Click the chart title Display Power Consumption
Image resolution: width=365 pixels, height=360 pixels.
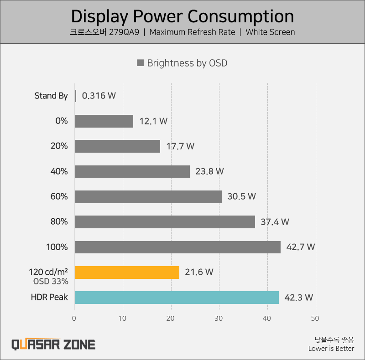click(182, 16)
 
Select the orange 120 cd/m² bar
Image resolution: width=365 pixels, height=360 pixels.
click(127, 272)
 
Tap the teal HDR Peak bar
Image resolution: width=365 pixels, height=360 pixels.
click(177, 298)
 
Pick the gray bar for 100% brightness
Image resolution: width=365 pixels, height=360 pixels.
click(177, 247)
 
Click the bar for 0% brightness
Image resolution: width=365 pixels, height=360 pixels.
click(104, 121)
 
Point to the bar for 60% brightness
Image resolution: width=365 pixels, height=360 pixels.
click(148, 197)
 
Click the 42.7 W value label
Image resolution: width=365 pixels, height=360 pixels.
click(300, 247)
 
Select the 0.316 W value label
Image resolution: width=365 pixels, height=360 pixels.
click(99, 96)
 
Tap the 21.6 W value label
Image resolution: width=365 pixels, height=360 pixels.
click(199, 272)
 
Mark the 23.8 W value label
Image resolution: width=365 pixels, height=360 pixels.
click(209, 171)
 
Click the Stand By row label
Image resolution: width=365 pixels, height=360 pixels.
click(51, 96)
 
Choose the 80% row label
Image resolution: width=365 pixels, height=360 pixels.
click(59, 222)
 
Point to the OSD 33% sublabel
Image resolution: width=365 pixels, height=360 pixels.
click(51, 282)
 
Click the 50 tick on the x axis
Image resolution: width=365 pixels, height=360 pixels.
click(315, 318)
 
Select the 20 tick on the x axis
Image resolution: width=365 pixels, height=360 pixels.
click(171, 318)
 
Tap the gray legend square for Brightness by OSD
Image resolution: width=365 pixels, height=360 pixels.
click(141, 63)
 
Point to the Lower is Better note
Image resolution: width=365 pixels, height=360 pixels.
click(331, 349)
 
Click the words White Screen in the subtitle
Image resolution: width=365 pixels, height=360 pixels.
click(270, 32)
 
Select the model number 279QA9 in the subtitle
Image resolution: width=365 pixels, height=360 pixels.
click(123, 32)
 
